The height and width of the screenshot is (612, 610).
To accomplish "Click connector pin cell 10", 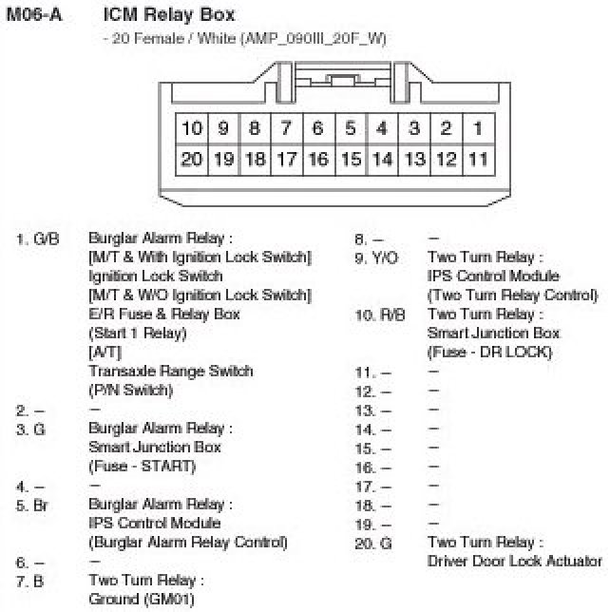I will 192,128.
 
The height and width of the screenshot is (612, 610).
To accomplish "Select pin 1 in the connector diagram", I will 478,128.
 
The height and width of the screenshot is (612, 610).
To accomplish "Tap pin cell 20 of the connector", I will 192,159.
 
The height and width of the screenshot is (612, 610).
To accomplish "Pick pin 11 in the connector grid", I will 478,159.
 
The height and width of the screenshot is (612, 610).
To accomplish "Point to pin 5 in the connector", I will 351,128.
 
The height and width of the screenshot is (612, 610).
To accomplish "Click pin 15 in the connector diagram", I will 351,159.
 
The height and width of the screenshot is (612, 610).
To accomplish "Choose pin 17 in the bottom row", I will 286,159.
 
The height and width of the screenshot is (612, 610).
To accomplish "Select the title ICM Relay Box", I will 168,16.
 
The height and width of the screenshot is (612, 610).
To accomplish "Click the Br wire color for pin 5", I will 40,505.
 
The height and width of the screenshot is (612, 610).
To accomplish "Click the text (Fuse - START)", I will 142,467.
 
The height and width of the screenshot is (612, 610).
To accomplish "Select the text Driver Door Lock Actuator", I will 515,562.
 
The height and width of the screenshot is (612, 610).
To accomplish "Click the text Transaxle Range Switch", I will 170,372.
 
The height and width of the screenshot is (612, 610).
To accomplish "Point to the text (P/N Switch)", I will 131,391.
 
